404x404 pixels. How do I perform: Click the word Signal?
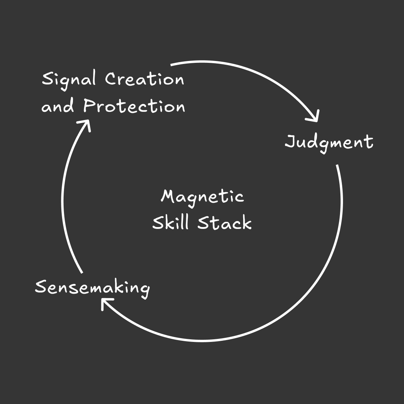(69, 80)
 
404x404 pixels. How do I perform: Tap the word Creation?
(144, 79)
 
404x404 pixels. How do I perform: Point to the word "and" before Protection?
(58, 107)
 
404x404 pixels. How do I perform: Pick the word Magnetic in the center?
(202, 196)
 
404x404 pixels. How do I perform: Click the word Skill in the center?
(170, 223)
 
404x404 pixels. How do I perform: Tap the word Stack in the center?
(224, 223)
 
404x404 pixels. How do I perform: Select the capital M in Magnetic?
(168, 196)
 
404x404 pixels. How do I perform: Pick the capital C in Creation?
(111, 79)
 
